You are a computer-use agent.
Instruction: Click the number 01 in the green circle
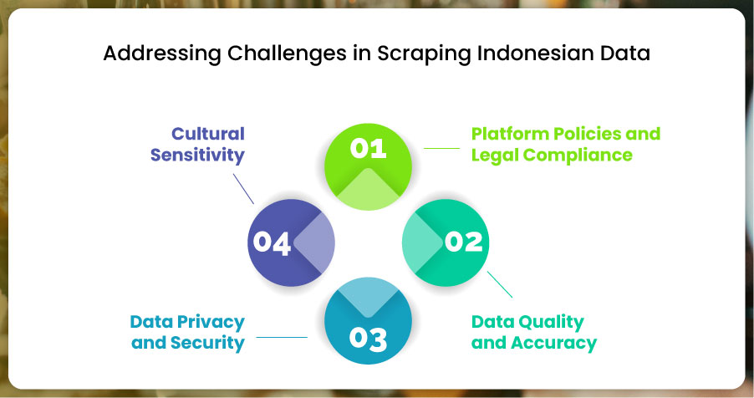coord(368,148)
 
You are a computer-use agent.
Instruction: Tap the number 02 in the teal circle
coord(464,242)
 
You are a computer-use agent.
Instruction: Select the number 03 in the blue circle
coord(368,339)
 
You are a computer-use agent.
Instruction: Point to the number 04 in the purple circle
coord(272,242)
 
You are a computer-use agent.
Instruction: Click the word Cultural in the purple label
coord(208,133)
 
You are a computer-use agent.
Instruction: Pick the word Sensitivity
coord(197,155)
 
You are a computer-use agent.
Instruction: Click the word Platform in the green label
coord(510,133)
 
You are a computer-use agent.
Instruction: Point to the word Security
coord(208,343)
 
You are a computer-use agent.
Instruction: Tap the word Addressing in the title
coord(162,54)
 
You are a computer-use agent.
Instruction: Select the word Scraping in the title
coord(424,54)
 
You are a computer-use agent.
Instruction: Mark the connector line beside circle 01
coord(441,148)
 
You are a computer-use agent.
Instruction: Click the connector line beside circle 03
coord(282,337)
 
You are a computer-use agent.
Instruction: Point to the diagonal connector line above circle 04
coord(243,189)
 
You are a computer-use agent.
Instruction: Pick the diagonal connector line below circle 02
coord(500,284)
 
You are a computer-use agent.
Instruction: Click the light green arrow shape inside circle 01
coord(368,190)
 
